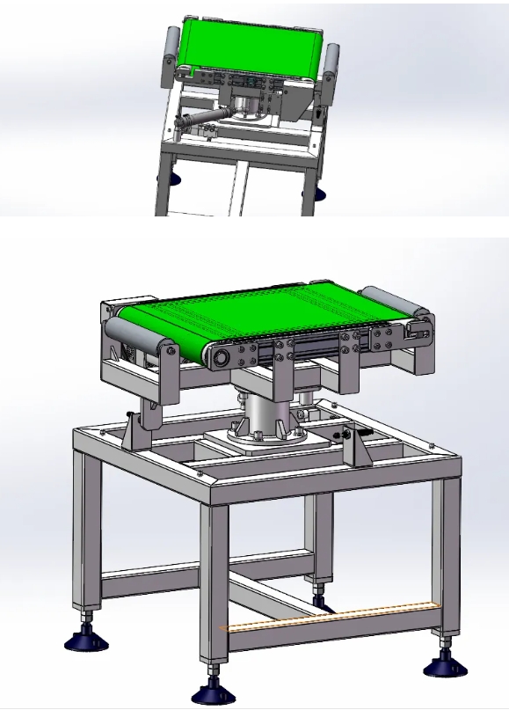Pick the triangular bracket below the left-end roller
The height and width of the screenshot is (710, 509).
141,430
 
